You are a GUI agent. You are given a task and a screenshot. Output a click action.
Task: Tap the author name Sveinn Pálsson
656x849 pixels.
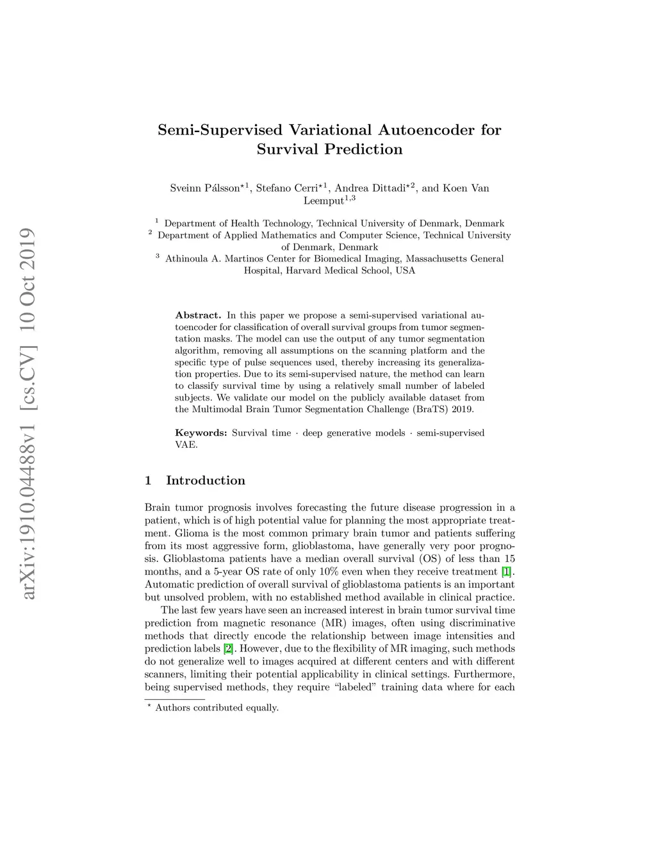pyautogui.click(x=204, y=188)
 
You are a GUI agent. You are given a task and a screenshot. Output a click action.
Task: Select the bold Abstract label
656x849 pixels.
pyautogui.click(x=198, y=315)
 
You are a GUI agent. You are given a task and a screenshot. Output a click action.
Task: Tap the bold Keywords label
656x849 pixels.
pyautogui.click(x=201, y=433)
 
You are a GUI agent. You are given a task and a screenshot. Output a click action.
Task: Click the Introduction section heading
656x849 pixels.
pyautogui.click(x=205, y=481)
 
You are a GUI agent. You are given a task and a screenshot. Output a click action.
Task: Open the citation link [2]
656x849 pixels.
pyautogui.click(x=228, y=648)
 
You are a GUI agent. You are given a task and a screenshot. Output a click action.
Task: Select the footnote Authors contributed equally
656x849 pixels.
pyautogui.click(x=217, y=708)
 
